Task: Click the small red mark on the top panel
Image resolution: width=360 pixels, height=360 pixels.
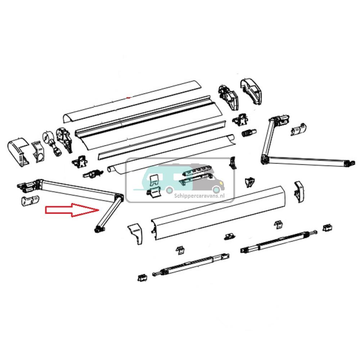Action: pos(129,98)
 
